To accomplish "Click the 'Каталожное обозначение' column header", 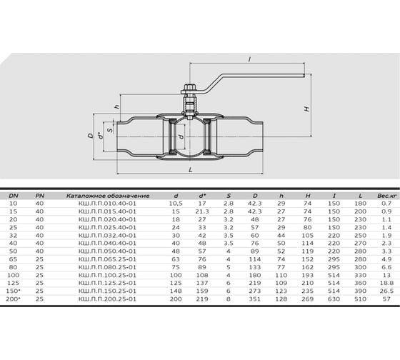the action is tap(108, 196).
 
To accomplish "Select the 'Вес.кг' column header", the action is tap(386, 196).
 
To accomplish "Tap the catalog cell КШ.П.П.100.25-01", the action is tap(107, 275).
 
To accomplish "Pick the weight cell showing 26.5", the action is tap(386, 291).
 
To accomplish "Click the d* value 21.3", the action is tap(202, 211).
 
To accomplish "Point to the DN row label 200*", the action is tap(13, 299).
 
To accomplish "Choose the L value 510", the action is tap(360, 299).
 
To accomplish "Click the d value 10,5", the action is tap(176, 204).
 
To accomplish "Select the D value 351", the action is tap(255, 299).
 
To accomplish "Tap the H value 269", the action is tap(307, 299).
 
